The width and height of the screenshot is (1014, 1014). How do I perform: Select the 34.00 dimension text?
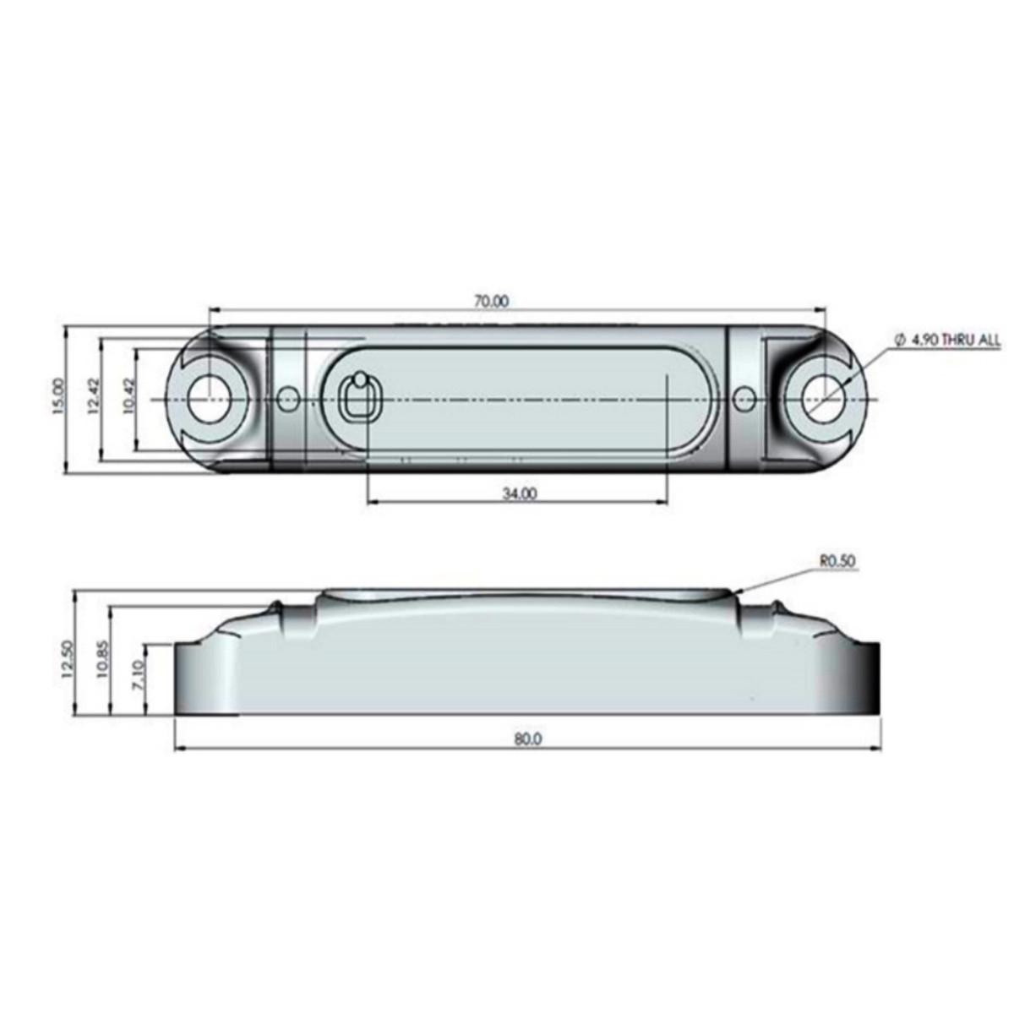(519, 493)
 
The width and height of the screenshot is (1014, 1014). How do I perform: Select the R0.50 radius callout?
(837, 559)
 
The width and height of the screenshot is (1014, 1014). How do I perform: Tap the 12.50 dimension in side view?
(68, 656)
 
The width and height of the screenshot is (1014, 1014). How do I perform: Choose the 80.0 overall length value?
(526, 739)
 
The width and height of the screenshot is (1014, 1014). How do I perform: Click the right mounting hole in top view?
(820, 398)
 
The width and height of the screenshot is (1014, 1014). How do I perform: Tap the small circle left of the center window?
(287, 397)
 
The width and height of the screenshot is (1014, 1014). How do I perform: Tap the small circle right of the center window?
(744, 397)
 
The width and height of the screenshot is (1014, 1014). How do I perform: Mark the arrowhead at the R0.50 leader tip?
(739, 594)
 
